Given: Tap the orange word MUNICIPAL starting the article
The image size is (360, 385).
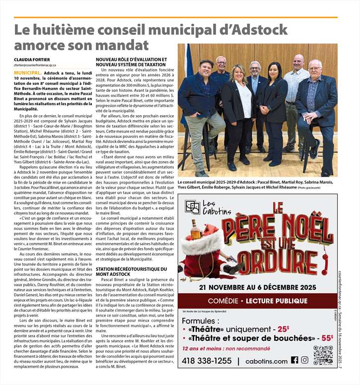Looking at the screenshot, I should [27, 72].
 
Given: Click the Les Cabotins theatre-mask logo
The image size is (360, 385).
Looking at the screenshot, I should [192, 206].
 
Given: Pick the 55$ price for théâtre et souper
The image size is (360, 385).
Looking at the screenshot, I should [327, 338].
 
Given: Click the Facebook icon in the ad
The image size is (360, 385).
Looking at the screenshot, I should [294, 361].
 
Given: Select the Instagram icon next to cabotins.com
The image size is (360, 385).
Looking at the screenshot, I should [304, 361].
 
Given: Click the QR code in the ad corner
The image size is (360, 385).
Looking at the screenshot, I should [323, 355].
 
